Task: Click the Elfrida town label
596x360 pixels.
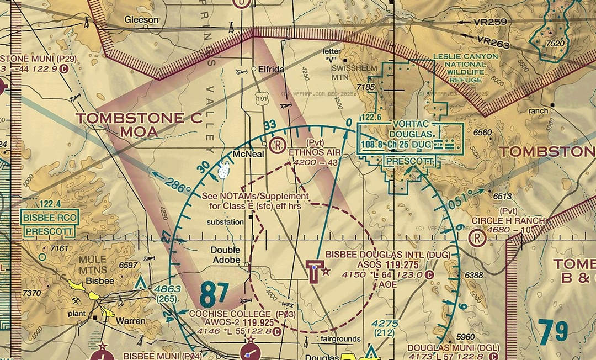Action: [x=272, y=70]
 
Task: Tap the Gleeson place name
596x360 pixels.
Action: [x=141, y=19]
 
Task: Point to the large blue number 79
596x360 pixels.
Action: [x=553, y=332]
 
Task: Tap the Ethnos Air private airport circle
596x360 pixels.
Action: [x=277, y=145]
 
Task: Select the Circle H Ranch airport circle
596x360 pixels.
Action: [x=476, y=239]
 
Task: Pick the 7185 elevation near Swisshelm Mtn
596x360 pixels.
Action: [x=366, y=87]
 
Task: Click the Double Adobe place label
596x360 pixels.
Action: [x=226, y=255]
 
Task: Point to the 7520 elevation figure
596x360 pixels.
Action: [x=555, y=44]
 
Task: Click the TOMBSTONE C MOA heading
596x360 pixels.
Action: [x=131, y=125]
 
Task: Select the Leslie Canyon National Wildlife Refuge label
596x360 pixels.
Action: [x=466, y=68]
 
